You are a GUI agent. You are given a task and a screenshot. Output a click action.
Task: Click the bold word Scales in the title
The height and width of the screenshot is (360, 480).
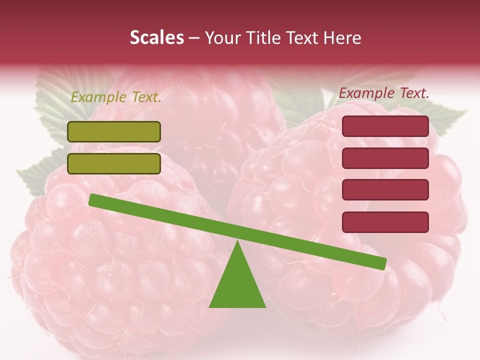[156, 38]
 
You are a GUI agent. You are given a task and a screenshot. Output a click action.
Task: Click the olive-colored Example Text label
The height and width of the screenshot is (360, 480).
[116, 97]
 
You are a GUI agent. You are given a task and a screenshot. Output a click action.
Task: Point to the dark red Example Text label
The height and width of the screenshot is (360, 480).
[384, 93]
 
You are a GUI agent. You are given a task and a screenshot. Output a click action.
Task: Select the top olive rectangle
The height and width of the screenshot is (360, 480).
[114, 131]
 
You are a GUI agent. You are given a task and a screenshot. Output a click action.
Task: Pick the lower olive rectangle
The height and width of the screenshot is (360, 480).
[114, 163]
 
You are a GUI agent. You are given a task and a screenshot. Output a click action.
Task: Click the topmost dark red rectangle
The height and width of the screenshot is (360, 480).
[385, 126]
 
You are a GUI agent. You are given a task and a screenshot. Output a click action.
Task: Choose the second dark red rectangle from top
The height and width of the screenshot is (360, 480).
[385, 158]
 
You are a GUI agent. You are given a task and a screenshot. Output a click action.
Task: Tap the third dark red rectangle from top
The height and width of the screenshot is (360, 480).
[385, 189]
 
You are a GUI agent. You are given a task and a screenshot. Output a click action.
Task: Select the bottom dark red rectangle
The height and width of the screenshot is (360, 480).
[385, 222]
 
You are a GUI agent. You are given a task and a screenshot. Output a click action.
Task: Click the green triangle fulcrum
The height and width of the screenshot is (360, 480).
[237, 285]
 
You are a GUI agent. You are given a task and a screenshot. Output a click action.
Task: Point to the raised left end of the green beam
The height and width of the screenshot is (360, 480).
[93, 199]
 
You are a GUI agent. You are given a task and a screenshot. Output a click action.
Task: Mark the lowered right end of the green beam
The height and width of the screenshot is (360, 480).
[382, 263]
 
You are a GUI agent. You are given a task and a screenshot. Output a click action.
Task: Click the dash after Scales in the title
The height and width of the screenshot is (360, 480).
[194, 38]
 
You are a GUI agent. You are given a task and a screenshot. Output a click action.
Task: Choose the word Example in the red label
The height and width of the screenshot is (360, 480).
[366, 93]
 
